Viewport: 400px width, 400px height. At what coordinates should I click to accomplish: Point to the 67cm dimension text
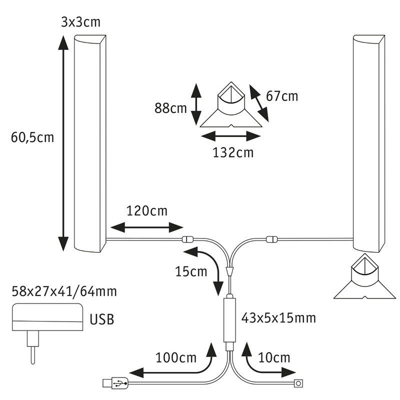click(x=282, y=96)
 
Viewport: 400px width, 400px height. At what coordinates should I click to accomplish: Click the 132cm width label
click(x=232, y=152)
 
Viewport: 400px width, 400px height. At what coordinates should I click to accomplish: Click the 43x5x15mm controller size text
click(x=280, y=317)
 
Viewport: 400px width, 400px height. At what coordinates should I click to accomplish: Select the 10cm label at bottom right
click(x=274, y=357)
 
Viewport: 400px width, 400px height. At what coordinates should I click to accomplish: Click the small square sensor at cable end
click(x=299, y=384)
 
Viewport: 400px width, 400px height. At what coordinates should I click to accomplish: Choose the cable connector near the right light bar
click(x=272, y=239)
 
